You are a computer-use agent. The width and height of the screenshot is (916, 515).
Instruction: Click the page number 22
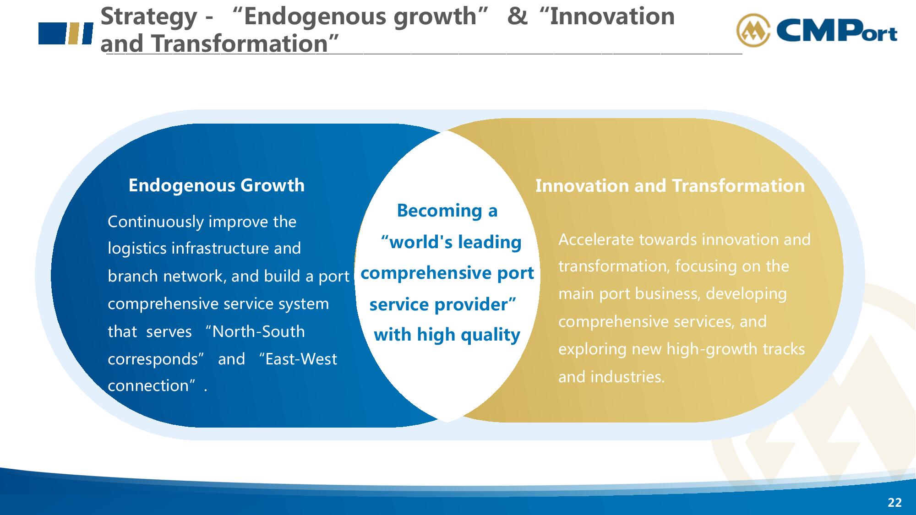coord(894,503)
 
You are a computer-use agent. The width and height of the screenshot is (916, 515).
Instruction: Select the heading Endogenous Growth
coord(217,185)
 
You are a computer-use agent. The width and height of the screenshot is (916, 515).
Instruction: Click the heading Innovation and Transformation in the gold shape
coord(670,186)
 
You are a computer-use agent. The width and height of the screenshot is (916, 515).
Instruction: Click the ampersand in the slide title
coord(518,16)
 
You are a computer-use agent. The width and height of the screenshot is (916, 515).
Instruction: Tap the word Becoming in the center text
coord(439,211)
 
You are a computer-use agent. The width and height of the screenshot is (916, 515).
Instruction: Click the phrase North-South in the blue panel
coord(258,331)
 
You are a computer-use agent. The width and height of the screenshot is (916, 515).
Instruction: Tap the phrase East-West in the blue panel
coord(301,359)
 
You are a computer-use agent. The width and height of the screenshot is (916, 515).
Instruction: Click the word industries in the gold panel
coord(627,377)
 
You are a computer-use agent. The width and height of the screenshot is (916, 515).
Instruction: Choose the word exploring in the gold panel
coord(593,350)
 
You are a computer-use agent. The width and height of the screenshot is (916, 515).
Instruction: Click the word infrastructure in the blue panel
coord(220,248)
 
